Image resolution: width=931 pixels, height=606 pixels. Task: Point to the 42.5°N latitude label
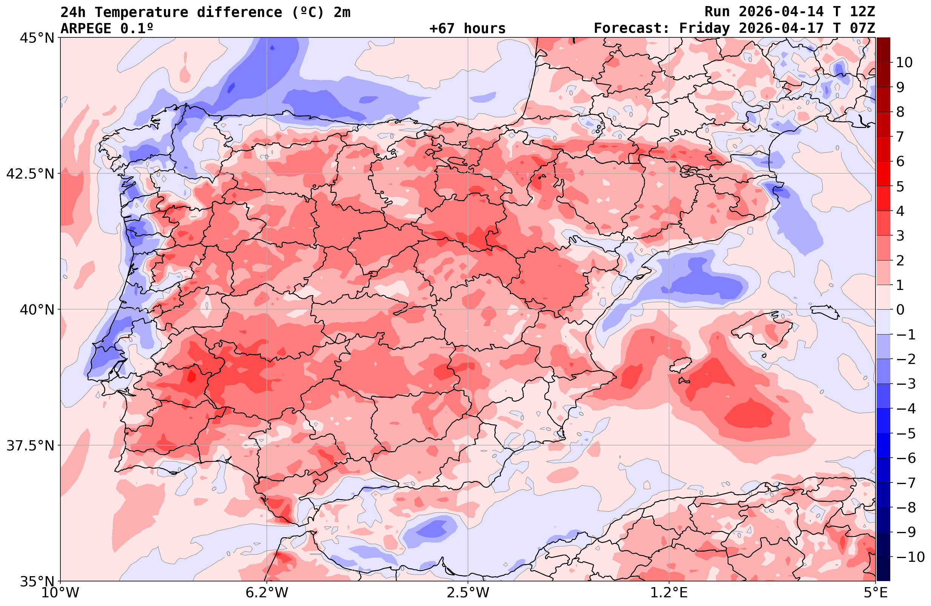(x=30, y=173)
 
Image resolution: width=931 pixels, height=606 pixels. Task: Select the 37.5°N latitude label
(x=30, y=446)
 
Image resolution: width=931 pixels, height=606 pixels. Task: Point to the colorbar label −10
(x=910, y=557)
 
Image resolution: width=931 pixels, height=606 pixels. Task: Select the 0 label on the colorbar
(x=900, y=310)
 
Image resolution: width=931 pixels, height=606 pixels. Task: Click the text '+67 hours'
(x=468, y=29)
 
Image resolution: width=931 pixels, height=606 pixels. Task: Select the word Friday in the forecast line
(x=704, y=29)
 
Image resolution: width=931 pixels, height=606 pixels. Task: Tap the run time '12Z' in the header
(x=862, y=12)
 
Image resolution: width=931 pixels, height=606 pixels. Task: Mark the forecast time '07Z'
(x=862, y=29)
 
